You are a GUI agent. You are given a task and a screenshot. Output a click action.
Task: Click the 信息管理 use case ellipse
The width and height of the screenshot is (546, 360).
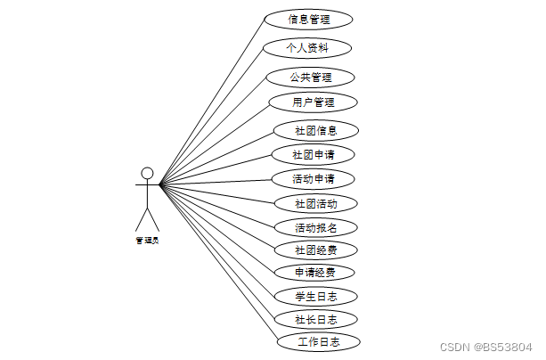[x=308, y=20]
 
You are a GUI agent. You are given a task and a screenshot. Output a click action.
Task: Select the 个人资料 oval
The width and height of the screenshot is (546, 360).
[x=306, y=48]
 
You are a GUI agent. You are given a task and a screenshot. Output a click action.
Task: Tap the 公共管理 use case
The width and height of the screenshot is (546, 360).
[x=310, y=78]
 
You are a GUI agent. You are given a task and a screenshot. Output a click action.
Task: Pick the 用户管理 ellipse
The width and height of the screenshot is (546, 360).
[x=313, y=102]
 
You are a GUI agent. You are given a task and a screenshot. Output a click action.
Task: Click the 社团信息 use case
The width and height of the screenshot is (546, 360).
[x=316, y=131]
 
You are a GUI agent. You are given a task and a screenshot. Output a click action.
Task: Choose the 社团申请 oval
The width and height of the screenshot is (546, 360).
[x=313, y=155]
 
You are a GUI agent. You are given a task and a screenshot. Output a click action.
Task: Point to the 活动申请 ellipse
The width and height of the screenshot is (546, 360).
[x=313, y=179]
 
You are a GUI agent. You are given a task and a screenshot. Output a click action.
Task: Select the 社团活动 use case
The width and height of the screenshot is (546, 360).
[x=316, y=203]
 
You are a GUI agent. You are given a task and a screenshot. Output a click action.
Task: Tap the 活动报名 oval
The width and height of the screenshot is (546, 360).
[x=316, y=228]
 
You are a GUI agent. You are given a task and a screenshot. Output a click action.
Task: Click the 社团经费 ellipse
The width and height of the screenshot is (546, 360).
[x=316, y=250]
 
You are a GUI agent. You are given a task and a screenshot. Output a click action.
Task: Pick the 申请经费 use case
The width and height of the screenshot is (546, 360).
[x=314, y=272]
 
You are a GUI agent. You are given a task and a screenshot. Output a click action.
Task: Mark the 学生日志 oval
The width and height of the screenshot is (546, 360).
[x=316, y=297]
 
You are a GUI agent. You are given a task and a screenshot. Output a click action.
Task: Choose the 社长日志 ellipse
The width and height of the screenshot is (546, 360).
[x=316, y=320]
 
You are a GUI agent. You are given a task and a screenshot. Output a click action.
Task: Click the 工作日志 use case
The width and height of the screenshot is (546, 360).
[x=319, y=342]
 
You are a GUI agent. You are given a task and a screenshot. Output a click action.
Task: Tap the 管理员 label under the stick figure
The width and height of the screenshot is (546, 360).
[x=147, y=241]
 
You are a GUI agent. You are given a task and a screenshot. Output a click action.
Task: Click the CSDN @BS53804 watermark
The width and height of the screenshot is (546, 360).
[x=486, y=348]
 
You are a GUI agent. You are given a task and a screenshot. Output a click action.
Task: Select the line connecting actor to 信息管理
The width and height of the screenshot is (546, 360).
[x=212, y=100]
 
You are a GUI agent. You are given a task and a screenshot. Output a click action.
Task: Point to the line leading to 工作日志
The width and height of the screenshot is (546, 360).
[x=219, y=261]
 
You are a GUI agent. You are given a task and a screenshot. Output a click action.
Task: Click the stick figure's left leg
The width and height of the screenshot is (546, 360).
[x=142, y=219]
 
